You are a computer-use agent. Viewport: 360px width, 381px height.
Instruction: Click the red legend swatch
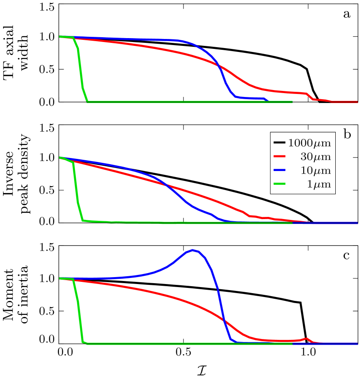[279, 156]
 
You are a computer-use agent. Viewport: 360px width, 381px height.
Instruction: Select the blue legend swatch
[279, 170]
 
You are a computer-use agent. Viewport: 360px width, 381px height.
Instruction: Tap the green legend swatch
[279, 184]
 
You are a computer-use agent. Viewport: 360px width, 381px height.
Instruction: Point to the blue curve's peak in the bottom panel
[193, 250]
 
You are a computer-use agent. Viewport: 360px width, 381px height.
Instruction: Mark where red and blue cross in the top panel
[218, 66]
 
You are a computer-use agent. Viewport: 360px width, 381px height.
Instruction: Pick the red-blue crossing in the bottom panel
[224, 321]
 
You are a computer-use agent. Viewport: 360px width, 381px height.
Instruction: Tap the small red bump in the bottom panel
[306, 339]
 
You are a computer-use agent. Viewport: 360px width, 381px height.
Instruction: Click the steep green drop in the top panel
[81, 69]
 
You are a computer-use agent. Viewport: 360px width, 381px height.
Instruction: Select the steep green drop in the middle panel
[76, 190]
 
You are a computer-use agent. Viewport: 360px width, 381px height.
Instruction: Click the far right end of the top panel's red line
[357, 102]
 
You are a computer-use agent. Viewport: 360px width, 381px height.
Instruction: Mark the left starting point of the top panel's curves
[60, 37]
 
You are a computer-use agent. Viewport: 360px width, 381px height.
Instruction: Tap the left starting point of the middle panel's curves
[60, 158]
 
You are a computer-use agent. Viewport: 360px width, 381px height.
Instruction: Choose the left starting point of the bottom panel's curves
[60, 278]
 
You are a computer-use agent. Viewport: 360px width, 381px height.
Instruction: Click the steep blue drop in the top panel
[224, 80]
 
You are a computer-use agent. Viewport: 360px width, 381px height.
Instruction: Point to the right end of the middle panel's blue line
[357, 223]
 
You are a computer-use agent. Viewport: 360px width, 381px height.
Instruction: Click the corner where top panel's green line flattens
[88, 101]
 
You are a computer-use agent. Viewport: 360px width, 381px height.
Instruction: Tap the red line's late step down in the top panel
[310, 97]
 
